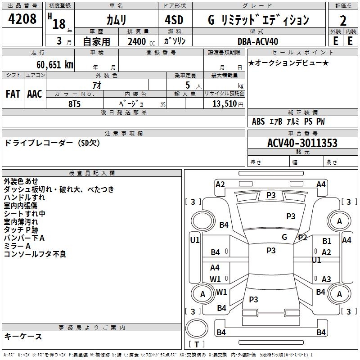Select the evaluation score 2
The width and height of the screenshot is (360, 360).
coord(343,20)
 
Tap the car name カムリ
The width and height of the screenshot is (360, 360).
coord(116,20)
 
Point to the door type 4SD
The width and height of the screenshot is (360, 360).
coord(175,20)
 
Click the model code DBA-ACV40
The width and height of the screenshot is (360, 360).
coord(258,41)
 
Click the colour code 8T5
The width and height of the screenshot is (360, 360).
coord(75,103)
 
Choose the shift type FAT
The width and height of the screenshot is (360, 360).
coord(13,94)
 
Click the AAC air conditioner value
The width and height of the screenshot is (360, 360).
coord(35,94)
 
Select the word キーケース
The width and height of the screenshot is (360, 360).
coord(23,336)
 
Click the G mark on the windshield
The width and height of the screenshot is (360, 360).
coord(284,237)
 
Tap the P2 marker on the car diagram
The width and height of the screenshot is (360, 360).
coord(302,238)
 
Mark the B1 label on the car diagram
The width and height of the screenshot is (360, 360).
coord(327,242)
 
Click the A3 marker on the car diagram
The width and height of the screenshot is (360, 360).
coord(326,279)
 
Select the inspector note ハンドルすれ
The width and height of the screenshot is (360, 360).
coord(24,198)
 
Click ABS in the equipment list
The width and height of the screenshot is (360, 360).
coord(258,121)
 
